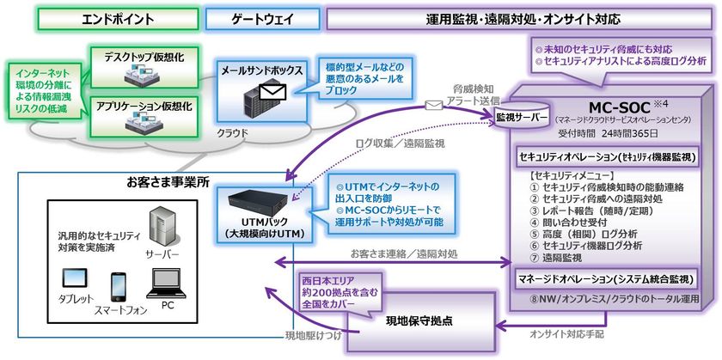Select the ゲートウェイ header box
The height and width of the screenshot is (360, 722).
248,18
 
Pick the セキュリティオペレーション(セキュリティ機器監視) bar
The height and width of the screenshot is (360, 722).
606,158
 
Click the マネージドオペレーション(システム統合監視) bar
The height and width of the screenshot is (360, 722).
606,279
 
